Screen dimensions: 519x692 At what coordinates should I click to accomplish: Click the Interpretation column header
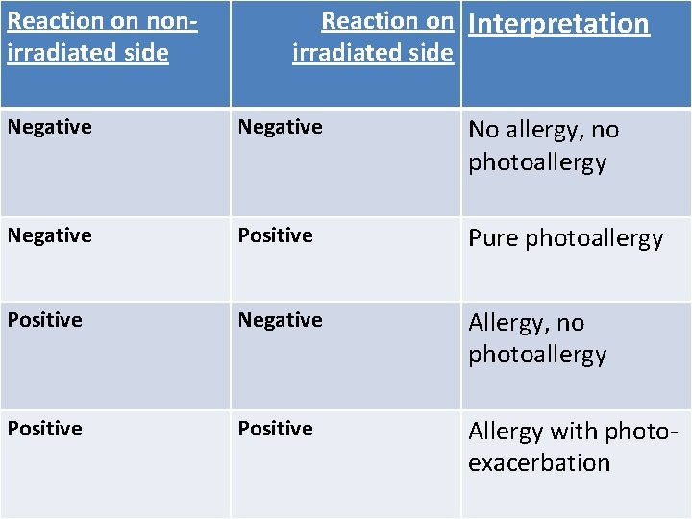point(558,24)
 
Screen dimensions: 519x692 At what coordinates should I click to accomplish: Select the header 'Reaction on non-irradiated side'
point(102,37)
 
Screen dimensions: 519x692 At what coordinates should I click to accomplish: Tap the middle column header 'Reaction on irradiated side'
point(373,37)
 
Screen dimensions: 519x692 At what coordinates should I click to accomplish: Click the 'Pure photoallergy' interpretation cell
point(565,238)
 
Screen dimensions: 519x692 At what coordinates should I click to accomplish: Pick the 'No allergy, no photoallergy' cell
point(543,146)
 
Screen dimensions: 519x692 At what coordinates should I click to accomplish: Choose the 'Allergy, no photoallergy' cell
point(537,338)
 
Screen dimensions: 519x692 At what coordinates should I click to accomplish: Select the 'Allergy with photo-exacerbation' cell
point(573,447)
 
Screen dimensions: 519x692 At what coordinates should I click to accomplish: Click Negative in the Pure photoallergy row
point(50,235)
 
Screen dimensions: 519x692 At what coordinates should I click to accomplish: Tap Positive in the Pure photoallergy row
point(276,235)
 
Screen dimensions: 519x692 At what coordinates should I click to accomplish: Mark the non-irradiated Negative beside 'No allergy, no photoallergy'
point(50,127)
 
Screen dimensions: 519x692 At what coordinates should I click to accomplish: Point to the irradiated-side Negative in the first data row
point(281,127)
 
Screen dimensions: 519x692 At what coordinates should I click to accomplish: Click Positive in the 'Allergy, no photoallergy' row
point(45,319)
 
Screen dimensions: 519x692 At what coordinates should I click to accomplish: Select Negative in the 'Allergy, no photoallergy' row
point(281,319)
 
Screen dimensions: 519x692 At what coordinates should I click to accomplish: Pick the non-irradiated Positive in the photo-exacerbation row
point(45,428)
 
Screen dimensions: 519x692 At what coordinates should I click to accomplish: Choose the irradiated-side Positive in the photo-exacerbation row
point(276,428)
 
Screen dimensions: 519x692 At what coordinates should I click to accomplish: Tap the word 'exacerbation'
point(539,463)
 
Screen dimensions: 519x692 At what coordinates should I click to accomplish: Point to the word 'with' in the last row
point(571,432)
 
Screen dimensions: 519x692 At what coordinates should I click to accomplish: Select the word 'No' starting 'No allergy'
point(482,130)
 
